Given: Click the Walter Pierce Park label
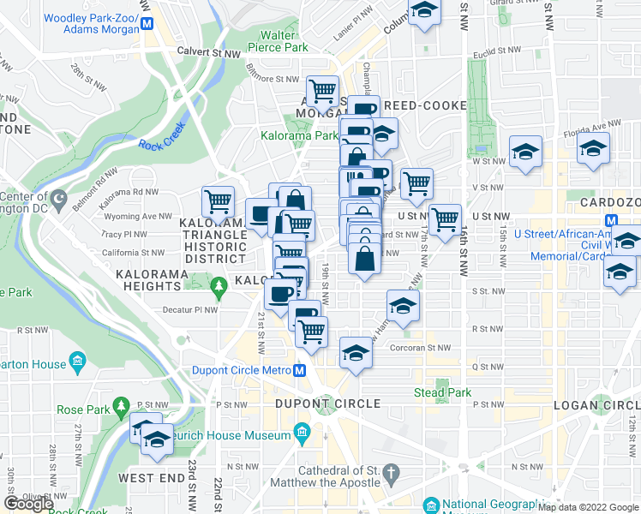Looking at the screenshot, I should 284,41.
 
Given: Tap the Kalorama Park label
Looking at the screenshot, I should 299,135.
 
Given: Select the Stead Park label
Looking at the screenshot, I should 442,393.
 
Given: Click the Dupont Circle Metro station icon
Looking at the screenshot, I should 299,371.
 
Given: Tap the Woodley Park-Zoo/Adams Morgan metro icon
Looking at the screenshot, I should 149,24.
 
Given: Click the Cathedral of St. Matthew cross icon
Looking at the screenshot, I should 390,472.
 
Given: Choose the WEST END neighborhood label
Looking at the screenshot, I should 151,477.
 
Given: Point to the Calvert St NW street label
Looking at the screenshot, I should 209,52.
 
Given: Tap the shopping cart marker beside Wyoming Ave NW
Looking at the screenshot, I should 219,203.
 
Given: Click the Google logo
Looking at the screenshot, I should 28,504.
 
